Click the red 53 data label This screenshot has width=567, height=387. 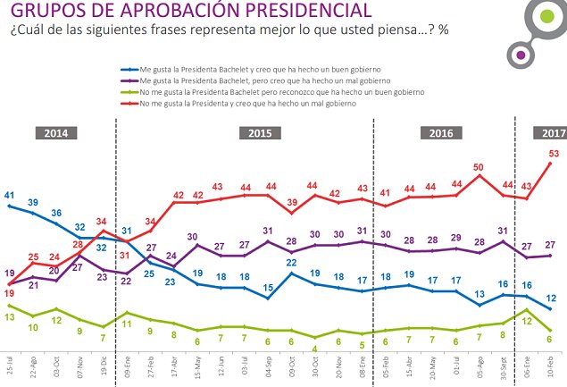[x=554, y=154]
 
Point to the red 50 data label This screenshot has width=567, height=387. [x=479, y=167]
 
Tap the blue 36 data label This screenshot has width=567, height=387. [x=56, y=213]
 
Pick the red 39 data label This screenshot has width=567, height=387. [x=291, y=204]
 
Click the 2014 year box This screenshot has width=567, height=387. [x=57, y=134]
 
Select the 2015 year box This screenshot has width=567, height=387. [x=259, y=134]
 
